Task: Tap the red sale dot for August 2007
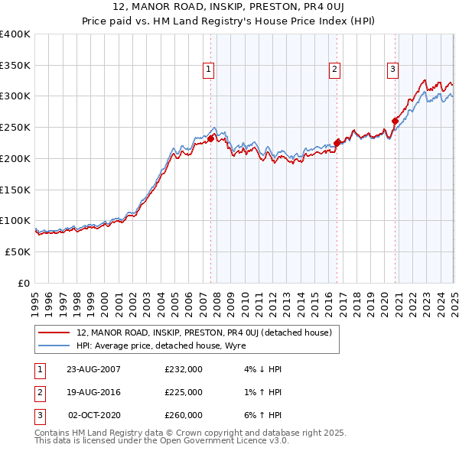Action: point(211,138)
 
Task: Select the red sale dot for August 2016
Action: point(337,142)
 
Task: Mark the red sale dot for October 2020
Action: point(395,121)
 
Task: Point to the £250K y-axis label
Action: point(15,127)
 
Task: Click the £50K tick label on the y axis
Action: point(18,251)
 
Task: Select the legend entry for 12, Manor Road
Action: point(204,333)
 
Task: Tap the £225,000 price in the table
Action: point(184,392)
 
